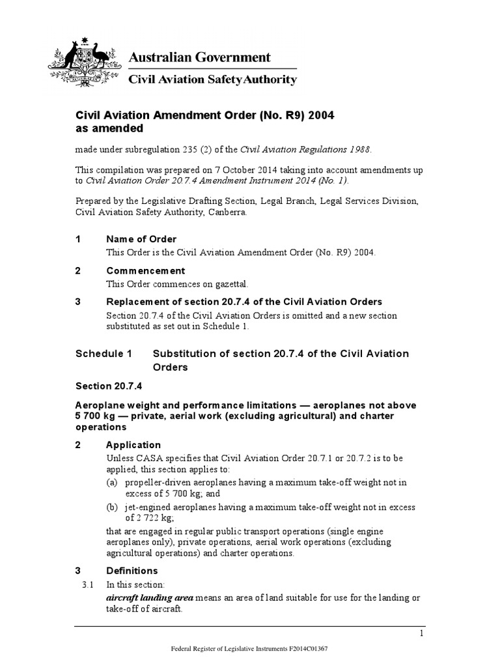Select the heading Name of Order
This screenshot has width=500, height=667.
coord(141,239)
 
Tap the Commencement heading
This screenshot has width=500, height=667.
coord(145,270)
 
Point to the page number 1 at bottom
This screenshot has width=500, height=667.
coord(422,634)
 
